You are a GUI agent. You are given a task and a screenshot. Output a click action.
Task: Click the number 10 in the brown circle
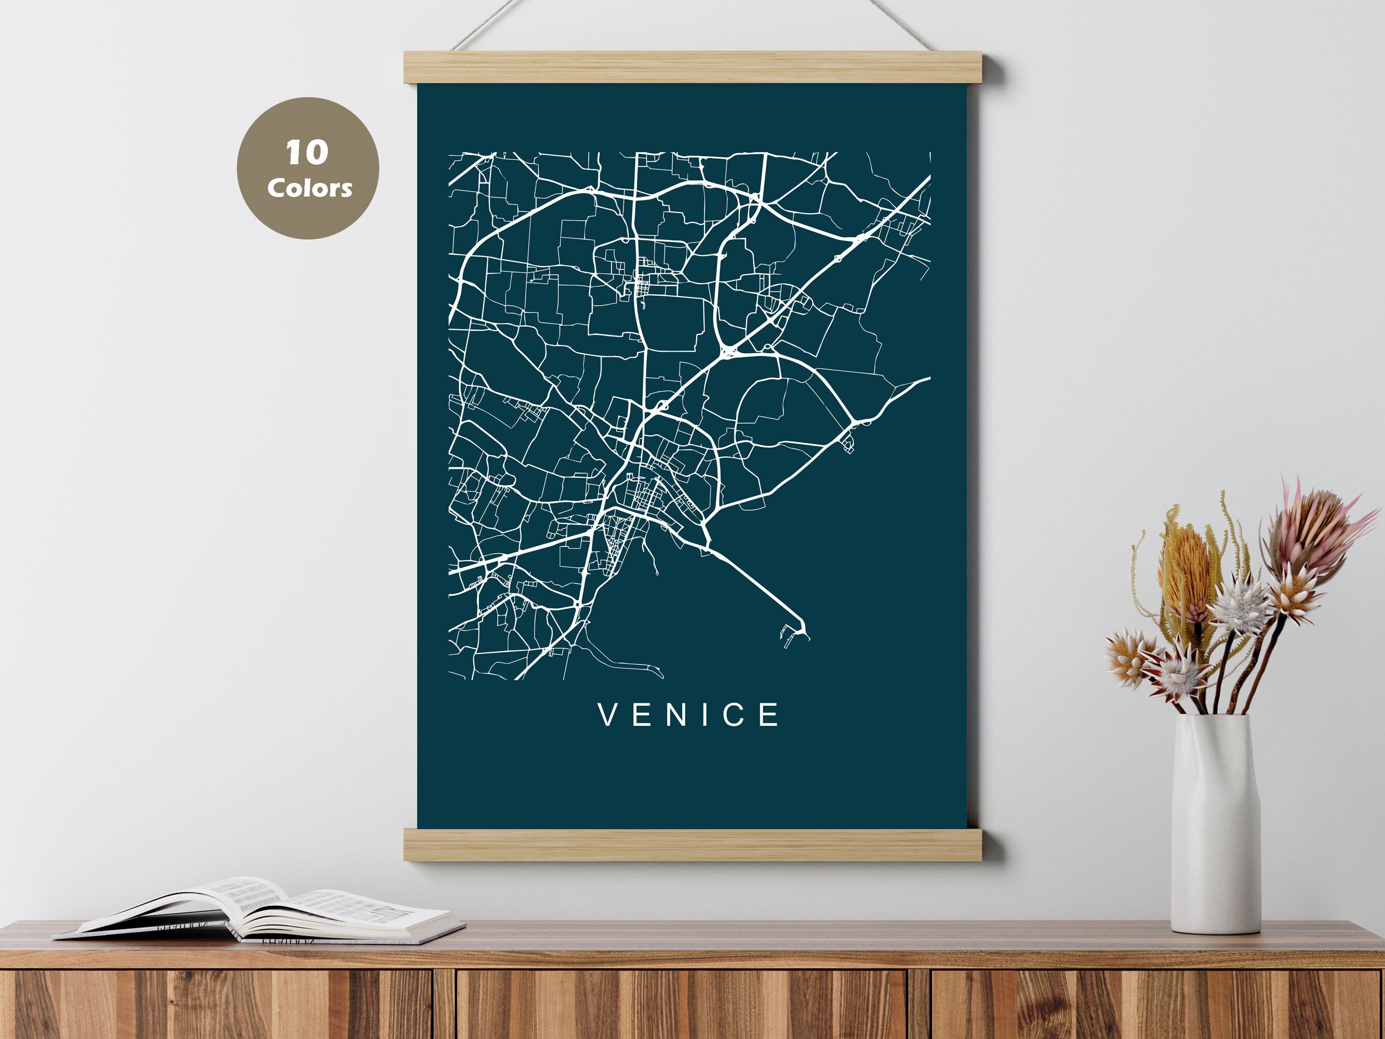point(307,153)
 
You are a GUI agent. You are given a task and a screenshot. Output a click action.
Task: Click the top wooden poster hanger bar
point(692,67)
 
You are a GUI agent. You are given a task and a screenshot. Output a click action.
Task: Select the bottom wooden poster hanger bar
point(692,844)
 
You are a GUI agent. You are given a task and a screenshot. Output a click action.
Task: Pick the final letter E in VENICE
point(769,715)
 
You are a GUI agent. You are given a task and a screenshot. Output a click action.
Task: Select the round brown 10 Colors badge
point(308,168)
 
